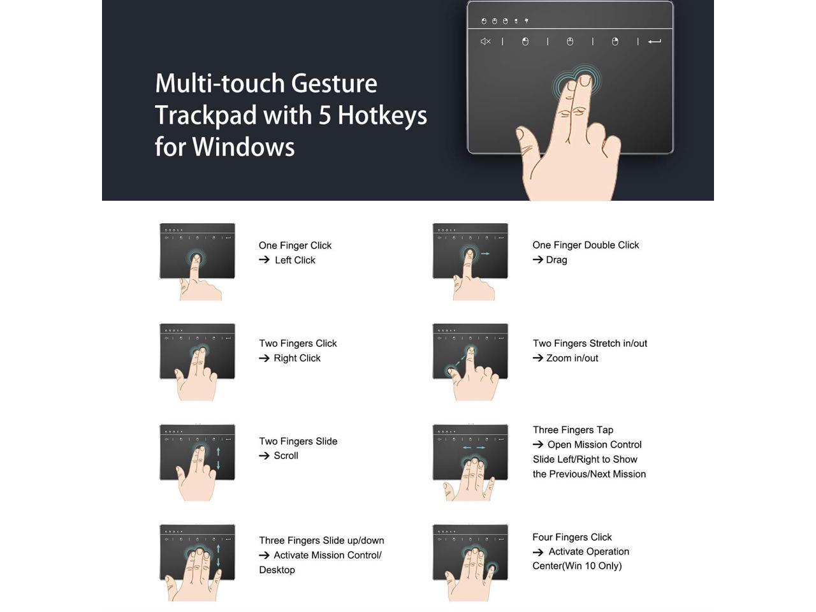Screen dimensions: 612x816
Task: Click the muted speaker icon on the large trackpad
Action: click(x=485, y=41)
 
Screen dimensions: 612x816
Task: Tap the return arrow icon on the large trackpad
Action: click(x=654, y=41)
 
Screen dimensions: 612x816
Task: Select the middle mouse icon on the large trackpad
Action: click(x=570, y=41)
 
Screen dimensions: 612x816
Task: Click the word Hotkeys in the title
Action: click(x=382, y=115)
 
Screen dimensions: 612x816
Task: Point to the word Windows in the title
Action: click(x=243, y=147)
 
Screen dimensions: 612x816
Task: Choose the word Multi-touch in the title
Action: click(x=219, y=84)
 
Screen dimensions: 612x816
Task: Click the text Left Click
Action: click(x=295, y=260)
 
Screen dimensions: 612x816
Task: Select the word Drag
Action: click(x=556, y=259)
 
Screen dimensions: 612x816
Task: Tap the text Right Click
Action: click(x=296, y=358)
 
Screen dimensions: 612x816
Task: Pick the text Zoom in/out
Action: click(x=572, y=358)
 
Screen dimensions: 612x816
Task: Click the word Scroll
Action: click(x=286, y=456)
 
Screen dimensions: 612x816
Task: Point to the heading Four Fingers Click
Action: click(x=572, y=537)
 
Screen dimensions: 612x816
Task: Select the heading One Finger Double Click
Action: click(x=585, y=245)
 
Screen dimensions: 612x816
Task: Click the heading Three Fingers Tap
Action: click(x=572, y=430)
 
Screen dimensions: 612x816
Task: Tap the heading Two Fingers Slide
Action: click(x=298, y=441)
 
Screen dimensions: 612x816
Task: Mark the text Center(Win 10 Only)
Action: click(x=576, y=566)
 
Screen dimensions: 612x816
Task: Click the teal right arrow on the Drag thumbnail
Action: click(x=485, y=254)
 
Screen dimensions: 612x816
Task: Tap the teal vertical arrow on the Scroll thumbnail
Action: click(x=218, y=458)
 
